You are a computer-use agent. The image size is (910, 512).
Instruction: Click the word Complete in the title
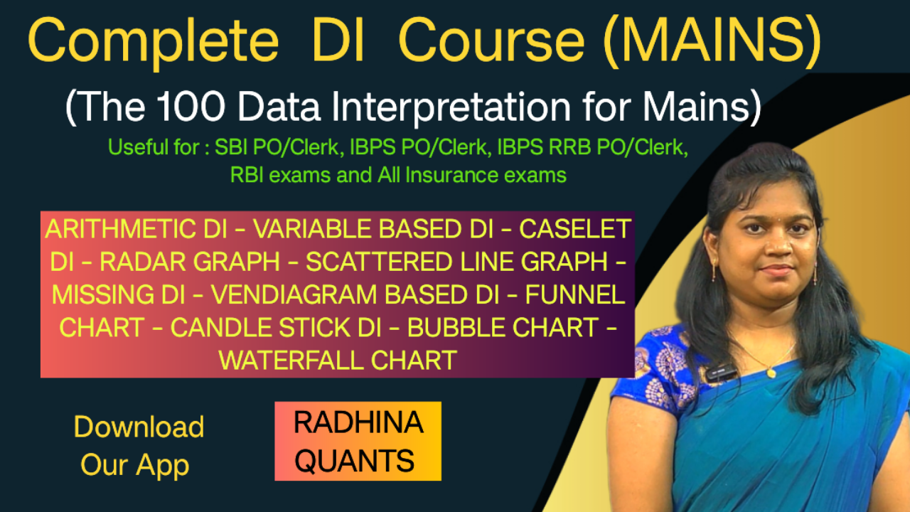tap(153, 42)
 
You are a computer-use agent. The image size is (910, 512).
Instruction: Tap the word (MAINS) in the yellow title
tap(712, 41)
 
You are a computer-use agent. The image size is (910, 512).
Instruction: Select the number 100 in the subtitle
tap(191, 107)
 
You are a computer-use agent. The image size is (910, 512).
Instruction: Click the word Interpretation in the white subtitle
tap(451, 107)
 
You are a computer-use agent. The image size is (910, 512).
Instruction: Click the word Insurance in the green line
tap(451, 176)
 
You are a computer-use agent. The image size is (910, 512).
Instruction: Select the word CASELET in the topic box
tap(575, 229)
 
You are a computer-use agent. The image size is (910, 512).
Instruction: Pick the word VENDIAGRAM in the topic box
tap(294, 294)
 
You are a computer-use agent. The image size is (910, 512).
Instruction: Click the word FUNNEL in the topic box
tap(575, 294)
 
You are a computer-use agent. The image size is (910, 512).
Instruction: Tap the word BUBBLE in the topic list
tap(454, 328)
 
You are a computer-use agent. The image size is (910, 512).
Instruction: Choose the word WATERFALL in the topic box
tap(291, 361)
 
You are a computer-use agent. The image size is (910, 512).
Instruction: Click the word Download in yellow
tap(139, 427)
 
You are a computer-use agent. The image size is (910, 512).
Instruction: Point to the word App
tap(163, 466)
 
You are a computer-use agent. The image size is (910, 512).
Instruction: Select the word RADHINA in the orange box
tap(358, 422)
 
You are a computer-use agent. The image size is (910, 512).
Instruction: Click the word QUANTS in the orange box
tap(354, 461)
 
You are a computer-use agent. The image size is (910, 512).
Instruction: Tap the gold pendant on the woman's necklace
tap(769, 372)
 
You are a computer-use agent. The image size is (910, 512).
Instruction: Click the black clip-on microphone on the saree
tap(720, 372)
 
